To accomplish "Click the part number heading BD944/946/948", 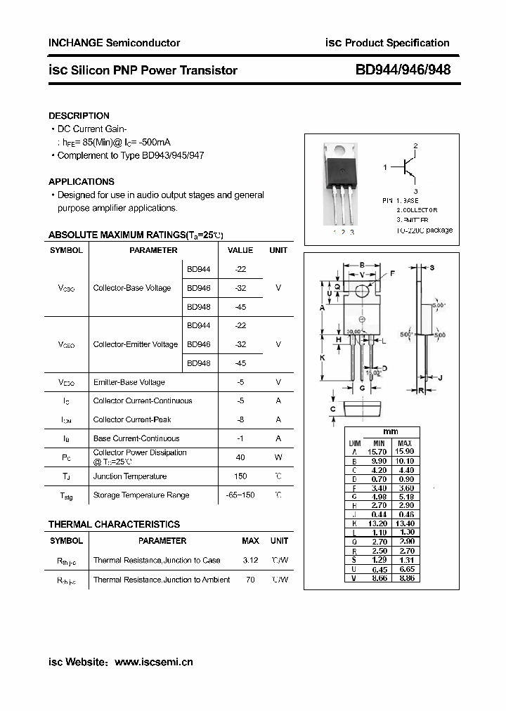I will (403, 70).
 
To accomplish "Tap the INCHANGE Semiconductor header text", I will (114, 43).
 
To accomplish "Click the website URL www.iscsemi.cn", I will (153, 662).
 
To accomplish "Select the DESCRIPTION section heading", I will (79, 115).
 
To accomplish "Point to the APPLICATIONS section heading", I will (81, 181).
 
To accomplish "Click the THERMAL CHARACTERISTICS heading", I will (114, 524).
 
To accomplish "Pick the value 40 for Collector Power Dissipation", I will (240, 457).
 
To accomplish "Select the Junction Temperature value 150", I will (240, 476).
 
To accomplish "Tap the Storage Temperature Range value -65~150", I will (240, 495).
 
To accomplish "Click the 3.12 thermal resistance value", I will (250, 561).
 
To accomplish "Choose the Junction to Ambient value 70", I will (250, 580).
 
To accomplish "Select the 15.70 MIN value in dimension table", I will (377, 452).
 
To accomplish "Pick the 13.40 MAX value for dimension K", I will (405, 523).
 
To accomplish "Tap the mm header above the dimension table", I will (391, 432).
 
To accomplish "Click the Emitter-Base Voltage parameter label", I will (129, 382).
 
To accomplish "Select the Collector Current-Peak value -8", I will (240, 419).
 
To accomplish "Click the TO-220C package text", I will (424, 230).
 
